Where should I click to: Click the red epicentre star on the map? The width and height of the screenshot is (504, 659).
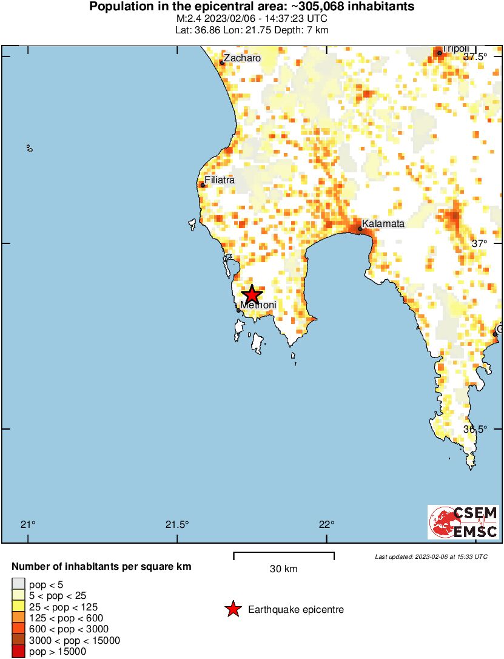point(251,294)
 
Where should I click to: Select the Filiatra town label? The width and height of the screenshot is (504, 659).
point(220,180)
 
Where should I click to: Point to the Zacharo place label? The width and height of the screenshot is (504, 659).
point(243,58)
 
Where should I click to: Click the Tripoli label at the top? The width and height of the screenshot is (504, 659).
point(455,49)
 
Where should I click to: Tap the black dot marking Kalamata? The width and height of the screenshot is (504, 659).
point(360,229)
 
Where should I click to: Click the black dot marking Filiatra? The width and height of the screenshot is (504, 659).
point(203,185)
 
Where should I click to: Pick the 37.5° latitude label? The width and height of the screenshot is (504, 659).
point(475,57)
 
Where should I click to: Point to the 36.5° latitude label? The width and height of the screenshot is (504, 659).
point(475,429)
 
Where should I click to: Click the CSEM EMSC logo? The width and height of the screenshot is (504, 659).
point(463,522)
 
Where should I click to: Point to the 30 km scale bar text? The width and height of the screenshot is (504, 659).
point(283,569)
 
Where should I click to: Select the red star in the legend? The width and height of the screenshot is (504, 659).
point(233,609)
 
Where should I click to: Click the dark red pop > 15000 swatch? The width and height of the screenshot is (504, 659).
point(18,651)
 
